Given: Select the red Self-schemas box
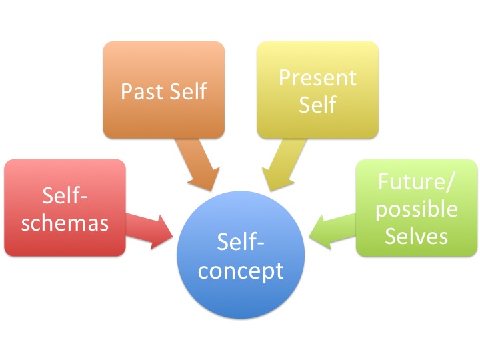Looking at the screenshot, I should click(65, 207).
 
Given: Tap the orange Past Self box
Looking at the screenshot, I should click(164, 90).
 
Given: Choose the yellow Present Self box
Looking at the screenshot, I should click(317, 90).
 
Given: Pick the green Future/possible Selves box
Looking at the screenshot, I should click(417, 207).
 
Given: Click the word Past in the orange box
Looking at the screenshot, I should click(141, 91).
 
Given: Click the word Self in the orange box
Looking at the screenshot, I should click(187, 91).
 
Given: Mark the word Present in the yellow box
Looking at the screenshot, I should click(317, 77).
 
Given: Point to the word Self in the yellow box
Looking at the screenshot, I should click(317, 104).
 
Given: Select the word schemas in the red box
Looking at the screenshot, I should click(65, 221).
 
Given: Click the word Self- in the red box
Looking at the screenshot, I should click(65, 195).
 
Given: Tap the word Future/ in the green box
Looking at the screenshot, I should click(417, 181).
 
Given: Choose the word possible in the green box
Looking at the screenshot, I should click(417, 209).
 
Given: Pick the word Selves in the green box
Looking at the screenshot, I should click(417, 235).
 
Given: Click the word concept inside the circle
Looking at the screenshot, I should click(250, 271).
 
